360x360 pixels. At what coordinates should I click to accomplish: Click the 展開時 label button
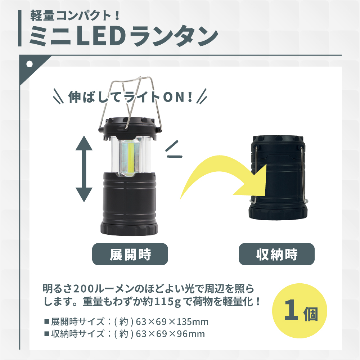pyautogui.click(x=130, y=254)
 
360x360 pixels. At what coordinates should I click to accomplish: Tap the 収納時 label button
pyautogui.click(x=276, y=254)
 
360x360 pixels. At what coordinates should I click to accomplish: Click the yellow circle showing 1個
pyautogui.click(x=300, y=311)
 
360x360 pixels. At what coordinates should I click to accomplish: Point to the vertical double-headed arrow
pyautogui.click(x=84, y=169)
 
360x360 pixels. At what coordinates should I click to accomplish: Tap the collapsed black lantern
pyautogui.click(x=278, y=177)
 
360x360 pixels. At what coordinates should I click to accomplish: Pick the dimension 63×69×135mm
pyautogui.click(x=172, y=322)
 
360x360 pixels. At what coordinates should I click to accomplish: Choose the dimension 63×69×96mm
pyautogui.click(x=170, y=334)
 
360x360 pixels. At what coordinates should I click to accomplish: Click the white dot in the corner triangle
pyautogui.click(x=30, y=64)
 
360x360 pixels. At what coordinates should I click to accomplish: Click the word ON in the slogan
pyautogui.click(x=174, y=97)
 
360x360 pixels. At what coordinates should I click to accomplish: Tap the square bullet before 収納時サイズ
pyautogui.click(x=47, y=334)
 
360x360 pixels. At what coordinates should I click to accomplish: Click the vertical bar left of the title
pyautogui.click(x=20, y=28)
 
